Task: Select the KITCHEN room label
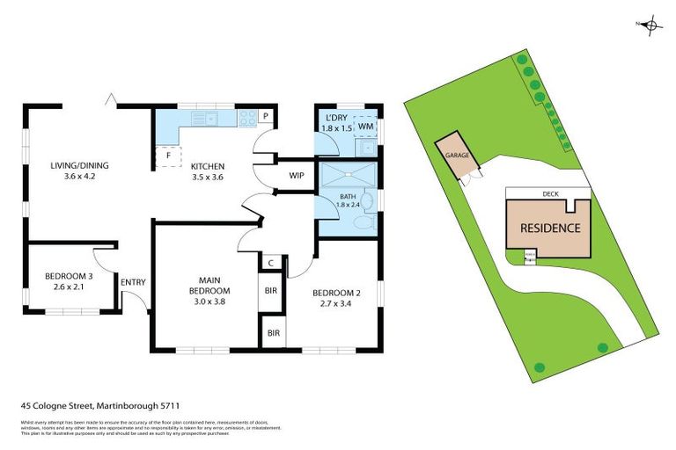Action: (x=209, y=166)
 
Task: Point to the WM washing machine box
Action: (x=365, y=127)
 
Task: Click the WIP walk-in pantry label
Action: (x=297, y=175)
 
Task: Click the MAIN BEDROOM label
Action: (x=209, y=286)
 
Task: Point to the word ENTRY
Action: (x=134, y=282)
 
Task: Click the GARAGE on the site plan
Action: (x=456, y=155)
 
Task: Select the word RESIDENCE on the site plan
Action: (x=550, y=228)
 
